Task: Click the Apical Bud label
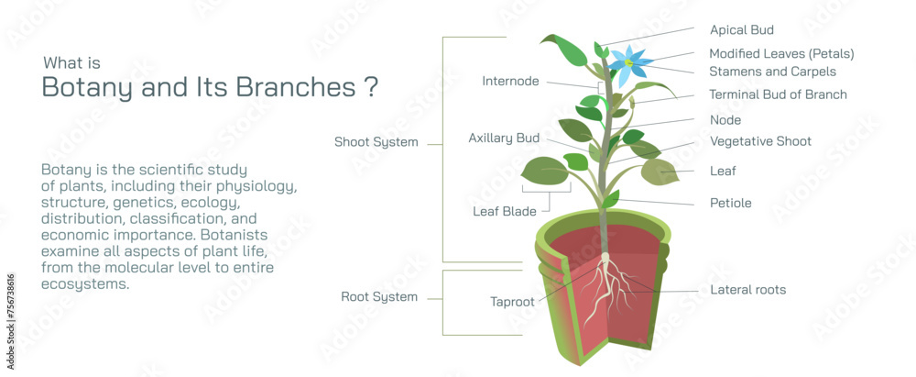[x=741, y=30]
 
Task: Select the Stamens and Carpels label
[x=772, y=71]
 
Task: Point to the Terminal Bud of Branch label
[x=778, y=94]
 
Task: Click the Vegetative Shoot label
[x=760, y=141]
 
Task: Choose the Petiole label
[x=730, y=203]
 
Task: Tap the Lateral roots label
[x=747, y=290]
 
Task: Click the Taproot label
[x=513, y=301]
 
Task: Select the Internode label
[x=511, y=82]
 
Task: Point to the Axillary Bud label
[x=504, y=139]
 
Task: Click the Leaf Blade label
[x=504, y=212]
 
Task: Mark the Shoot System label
[x=376, y=142]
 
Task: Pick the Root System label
[x=379, y=297]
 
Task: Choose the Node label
[x=725, y=120]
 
